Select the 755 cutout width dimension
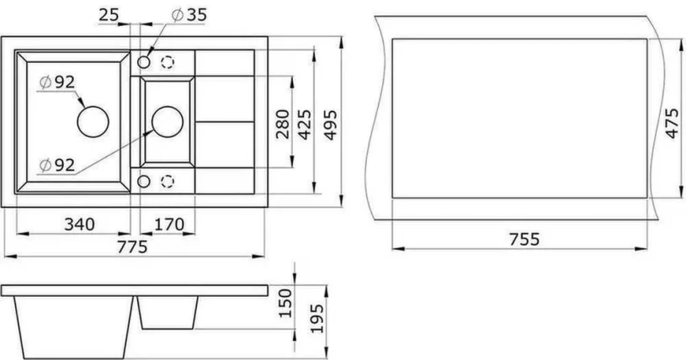(523, 238)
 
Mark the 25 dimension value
(108, 14)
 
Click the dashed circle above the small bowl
(168, 62)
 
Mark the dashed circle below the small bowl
(168, 180)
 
